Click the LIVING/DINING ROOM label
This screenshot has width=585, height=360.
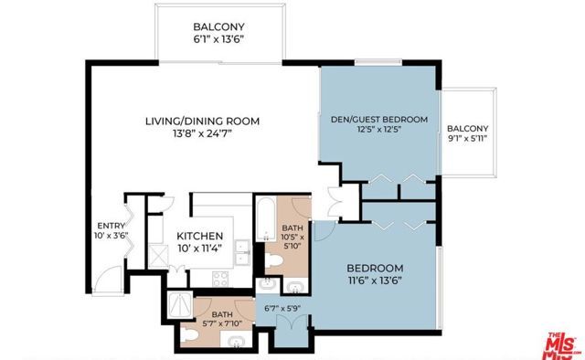203,121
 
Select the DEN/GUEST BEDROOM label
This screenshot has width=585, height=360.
378,120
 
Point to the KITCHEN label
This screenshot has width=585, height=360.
199,235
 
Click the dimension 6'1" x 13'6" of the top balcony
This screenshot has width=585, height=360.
218,40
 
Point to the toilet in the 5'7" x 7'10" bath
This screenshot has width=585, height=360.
186,335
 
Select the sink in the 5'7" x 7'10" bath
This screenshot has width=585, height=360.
237,342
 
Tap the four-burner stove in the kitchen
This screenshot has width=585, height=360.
222,279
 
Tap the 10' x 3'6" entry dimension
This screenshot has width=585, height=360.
110,240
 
